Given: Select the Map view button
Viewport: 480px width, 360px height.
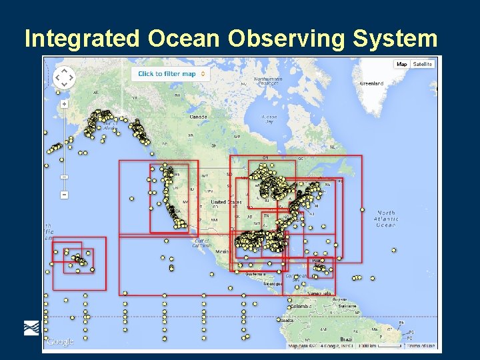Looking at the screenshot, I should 401,65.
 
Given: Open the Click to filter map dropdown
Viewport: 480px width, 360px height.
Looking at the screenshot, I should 169,74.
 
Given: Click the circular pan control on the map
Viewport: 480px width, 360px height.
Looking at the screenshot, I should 64,77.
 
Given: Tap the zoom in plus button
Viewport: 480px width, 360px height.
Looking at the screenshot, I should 64,104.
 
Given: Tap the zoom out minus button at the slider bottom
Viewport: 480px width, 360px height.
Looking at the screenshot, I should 64,195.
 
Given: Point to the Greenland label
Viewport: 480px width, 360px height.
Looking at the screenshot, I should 371,84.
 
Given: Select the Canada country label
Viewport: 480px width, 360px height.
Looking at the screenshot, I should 198,117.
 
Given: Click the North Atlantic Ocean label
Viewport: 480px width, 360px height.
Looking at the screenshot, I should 385,219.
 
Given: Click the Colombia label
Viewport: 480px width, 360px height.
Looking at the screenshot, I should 299,307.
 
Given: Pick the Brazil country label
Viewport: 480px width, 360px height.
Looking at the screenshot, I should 347,339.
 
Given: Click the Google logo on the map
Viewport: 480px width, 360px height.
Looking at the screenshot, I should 60,342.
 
